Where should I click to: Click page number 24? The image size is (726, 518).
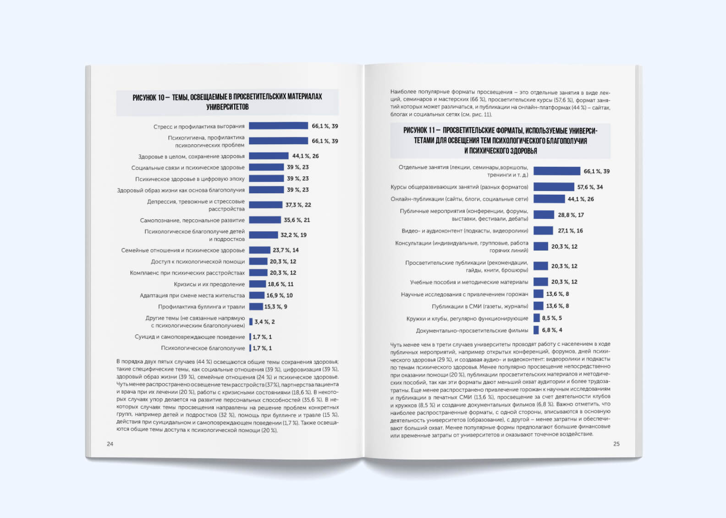tap(110, 444)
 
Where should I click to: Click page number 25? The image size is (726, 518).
tap(616, 444)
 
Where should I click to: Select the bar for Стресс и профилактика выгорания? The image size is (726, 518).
tap(278, 126)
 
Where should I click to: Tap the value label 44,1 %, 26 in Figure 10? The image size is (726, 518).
tap(305, 156)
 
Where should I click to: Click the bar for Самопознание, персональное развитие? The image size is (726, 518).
tap(265, 220)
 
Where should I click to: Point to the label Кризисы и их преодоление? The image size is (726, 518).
tap(209, 284)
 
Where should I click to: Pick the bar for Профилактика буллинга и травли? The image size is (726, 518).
tap(256, 307)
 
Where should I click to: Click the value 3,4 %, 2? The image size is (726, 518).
tap(264, 322)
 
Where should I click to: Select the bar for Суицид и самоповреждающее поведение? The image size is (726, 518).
tap(250, 337)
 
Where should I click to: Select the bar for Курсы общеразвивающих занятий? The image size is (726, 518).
tap(554, 187)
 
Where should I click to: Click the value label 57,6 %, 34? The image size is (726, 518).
tap(590, 187)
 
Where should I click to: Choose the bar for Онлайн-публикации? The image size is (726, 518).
tap(549, 199)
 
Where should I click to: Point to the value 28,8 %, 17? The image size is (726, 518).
tap(571, 215)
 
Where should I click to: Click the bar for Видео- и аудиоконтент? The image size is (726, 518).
tap(543, 231)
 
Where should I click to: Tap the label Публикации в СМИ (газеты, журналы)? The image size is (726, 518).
tap(480, 306)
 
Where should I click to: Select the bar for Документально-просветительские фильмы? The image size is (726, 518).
tap(536, 330)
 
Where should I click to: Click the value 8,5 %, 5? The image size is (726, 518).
tap(552, 318)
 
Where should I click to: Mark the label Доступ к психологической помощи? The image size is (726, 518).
tap(198, 262)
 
